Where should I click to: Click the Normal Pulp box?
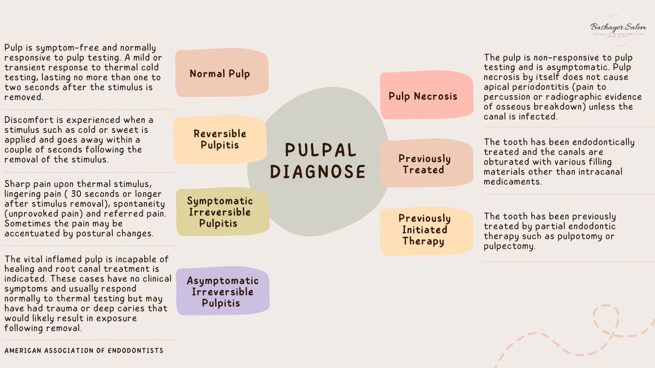pyautogui.click(x=219, y=73)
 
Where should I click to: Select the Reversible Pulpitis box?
pyautogui.click(x=220, y=139)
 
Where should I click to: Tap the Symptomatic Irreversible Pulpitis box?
pyautogui.click(x=220, y=212)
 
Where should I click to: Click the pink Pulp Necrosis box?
pyautogui.click(x=423, y=96)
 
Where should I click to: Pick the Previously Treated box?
pyautogui.click(x=424, y=164)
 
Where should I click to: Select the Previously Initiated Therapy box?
pyautogui.click(x=424, y=230)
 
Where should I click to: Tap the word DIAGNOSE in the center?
pyautogui.click(x=318, y=172)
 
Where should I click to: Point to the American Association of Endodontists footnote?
pyautogui.click(x=84, y=351)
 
